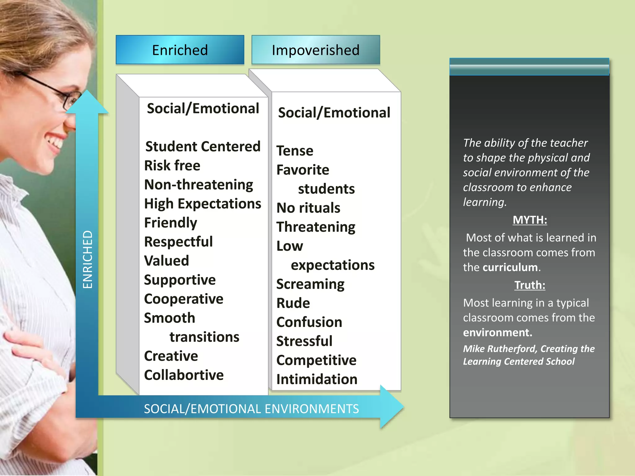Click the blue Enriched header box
pos(180,50)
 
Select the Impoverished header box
pos(316,50)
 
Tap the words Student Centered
pos(203,147)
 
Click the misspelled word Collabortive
pos(184,375)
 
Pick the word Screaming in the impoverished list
pos(310,284)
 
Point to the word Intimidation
pos(317,379)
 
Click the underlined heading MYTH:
pos(530,220)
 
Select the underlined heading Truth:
pos(530,285)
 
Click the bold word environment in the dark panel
pos(497,333)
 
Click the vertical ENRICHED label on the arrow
pos(88,259)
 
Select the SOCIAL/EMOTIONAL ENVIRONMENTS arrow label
pos(251,409)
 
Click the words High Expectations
pos(203,204)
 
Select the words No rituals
pos(308,208)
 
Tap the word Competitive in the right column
pos(316,360)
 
